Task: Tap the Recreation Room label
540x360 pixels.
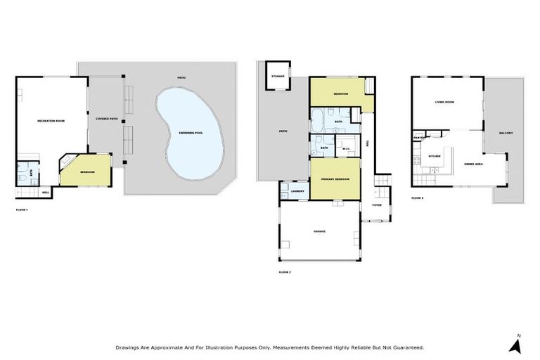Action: (51, 121)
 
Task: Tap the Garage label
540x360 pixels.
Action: (319, 231)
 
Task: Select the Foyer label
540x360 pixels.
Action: (377, 205)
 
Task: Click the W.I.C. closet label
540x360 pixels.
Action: (346, 148)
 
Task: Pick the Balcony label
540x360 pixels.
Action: (506, 134)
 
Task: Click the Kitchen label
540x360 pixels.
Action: (435, 155)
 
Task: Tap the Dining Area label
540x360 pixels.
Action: (473, 165)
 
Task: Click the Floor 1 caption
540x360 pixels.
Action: (22, 210)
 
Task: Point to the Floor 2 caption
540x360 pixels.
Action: (284, 271)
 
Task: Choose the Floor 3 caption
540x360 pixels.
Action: (418, 198)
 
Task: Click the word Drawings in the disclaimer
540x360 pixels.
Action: (127, 347)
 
